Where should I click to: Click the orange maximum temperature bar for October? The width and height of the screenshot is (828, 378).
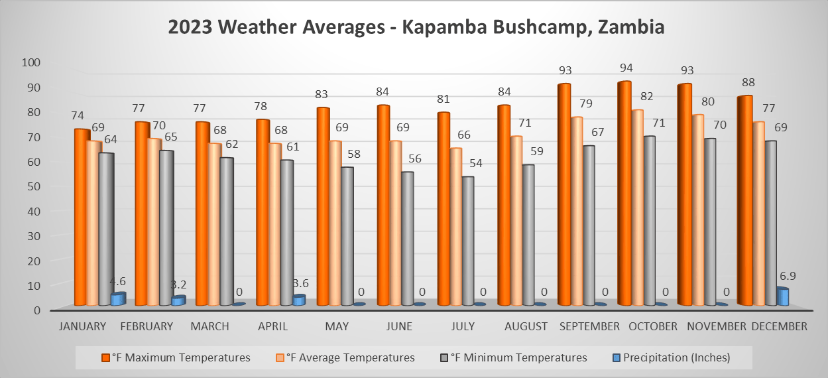(x=624, y=192)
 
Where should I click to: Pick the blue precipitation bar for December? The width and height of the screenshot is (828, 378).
(x=782, y=296)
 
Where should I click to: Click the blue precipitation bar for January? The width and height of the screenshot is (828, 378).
(x=117, y=299)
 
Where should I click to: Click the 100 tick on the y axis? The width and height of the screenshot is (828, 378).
(x=31, y=62)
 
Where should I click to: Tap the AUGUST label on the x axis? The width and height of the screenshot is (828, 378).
(x=526, y=326)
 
